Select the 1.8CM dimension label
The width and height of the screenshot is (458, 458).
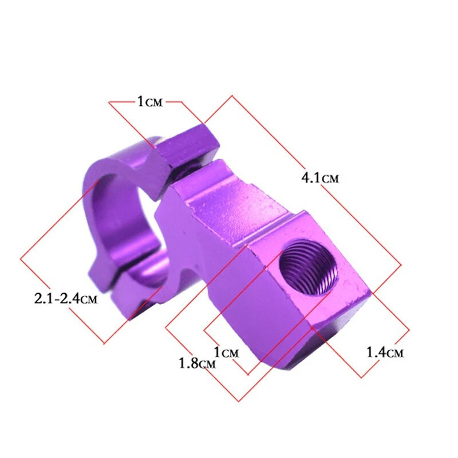[197, 363]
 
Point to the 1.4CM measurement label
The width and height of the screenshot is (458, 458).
[385, 352]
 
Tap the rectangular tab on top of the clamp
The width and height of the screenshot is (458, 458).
[186, 147]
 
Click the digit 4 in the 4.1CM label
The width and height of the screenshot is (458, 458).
[305, 178]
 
